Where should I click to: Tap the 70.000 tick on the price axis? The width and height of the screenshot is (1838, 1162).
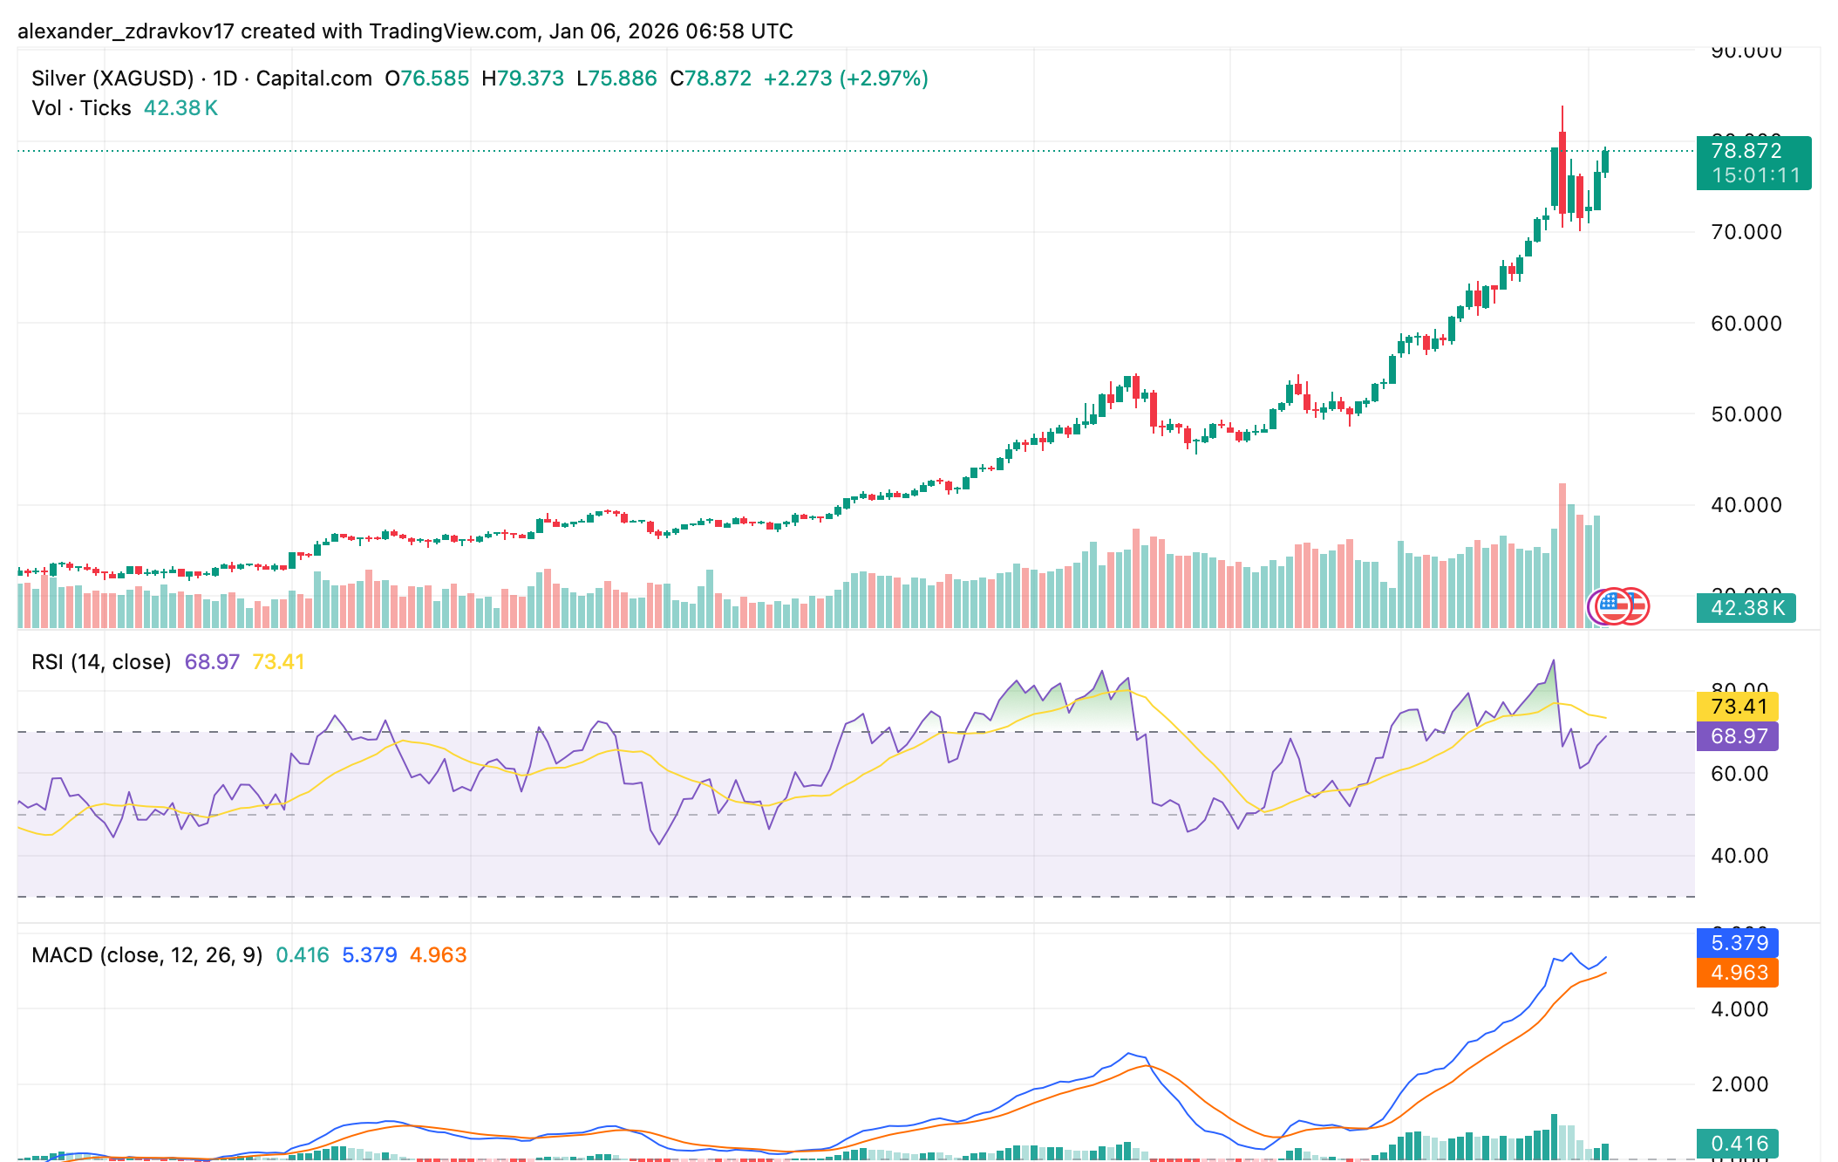click(x=1746, y=232)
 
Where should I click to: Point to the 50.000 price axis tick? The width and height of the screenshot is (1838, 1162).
click(x=1746, y=414)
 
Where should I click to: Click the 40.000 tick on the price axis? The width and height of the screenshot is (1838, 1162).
click(x=1746, y=505)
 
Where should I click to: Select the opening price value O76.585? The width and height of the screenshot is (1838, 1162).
click(x=426, y=79)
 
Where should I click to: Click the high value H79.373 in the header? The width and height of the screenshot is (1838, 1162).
click(x=522, y=79)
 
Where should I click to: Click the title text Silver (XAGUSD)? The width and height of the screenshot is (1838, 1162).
click(x=112, y=79)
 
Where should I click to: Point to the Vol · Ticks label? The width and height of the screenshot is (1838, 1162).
click(x=81, y=108)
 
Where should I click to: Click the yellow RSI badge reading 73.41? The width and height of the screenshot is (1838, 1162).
click(x=1738, y=707)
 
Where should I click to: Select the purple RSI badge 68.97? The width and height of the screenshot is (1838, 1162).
click(x=1738, y=736)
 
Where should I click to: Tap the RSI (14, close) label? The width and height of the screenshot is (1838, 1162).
click(x=101, y=662)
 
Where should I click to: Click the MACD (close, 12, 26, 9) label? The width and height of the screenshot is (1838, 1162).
click(x=146, y=955)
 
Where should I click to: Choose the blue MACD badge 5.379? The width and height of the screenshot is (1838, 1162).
click(x=1738, y=943)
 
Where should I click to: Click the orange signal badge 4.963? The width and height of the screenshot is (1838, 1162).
click(x=1738, y=973)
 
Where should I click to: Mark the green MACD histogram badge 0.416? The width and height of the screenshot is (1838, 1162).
click(x=1738, y=1144)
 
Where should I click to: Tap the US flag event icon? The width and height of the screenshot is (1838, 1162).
click(x=1613, y=606)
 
